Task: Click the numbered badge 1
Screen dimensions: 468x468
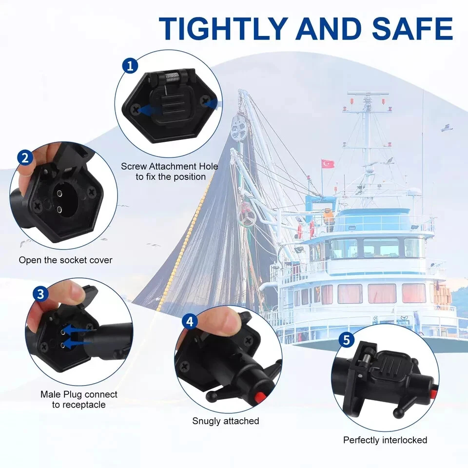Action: (130, 66)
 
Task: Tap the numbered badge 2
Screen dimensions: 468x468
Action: (25, 157)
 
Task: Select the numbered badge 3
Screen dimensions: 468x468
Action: (40, 294)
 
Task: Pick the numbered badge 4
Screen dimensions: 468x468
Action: (190, 322)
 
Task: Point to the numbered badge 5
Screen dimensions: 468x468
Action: (347, 340)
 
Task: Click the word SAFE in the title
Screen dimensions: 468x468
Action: (412, 28)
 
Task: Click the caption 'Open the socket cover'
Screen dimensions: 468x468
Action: (65, 260)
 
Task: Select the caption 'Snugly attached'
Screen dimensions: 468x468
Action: (226, 421)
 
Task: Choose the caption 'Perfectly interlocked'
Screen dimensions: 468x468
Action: (385, 440)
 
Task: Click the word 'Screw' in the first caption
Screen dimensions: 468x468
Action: (134, 166)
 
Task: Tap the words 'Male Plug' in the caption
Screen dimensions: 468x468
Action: (61, 394)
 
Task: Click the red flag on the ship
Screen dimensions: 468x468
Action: (328, 164)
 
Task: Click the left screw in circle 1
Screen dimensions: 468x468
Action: (136, 109)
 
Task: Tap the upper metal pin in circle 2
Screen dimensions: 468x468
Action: (59, 193)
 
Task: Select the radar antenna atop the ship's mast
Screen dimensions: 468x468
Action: (369, 94)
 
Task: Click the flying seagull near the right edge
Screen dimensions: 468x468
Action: (447, 128)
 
